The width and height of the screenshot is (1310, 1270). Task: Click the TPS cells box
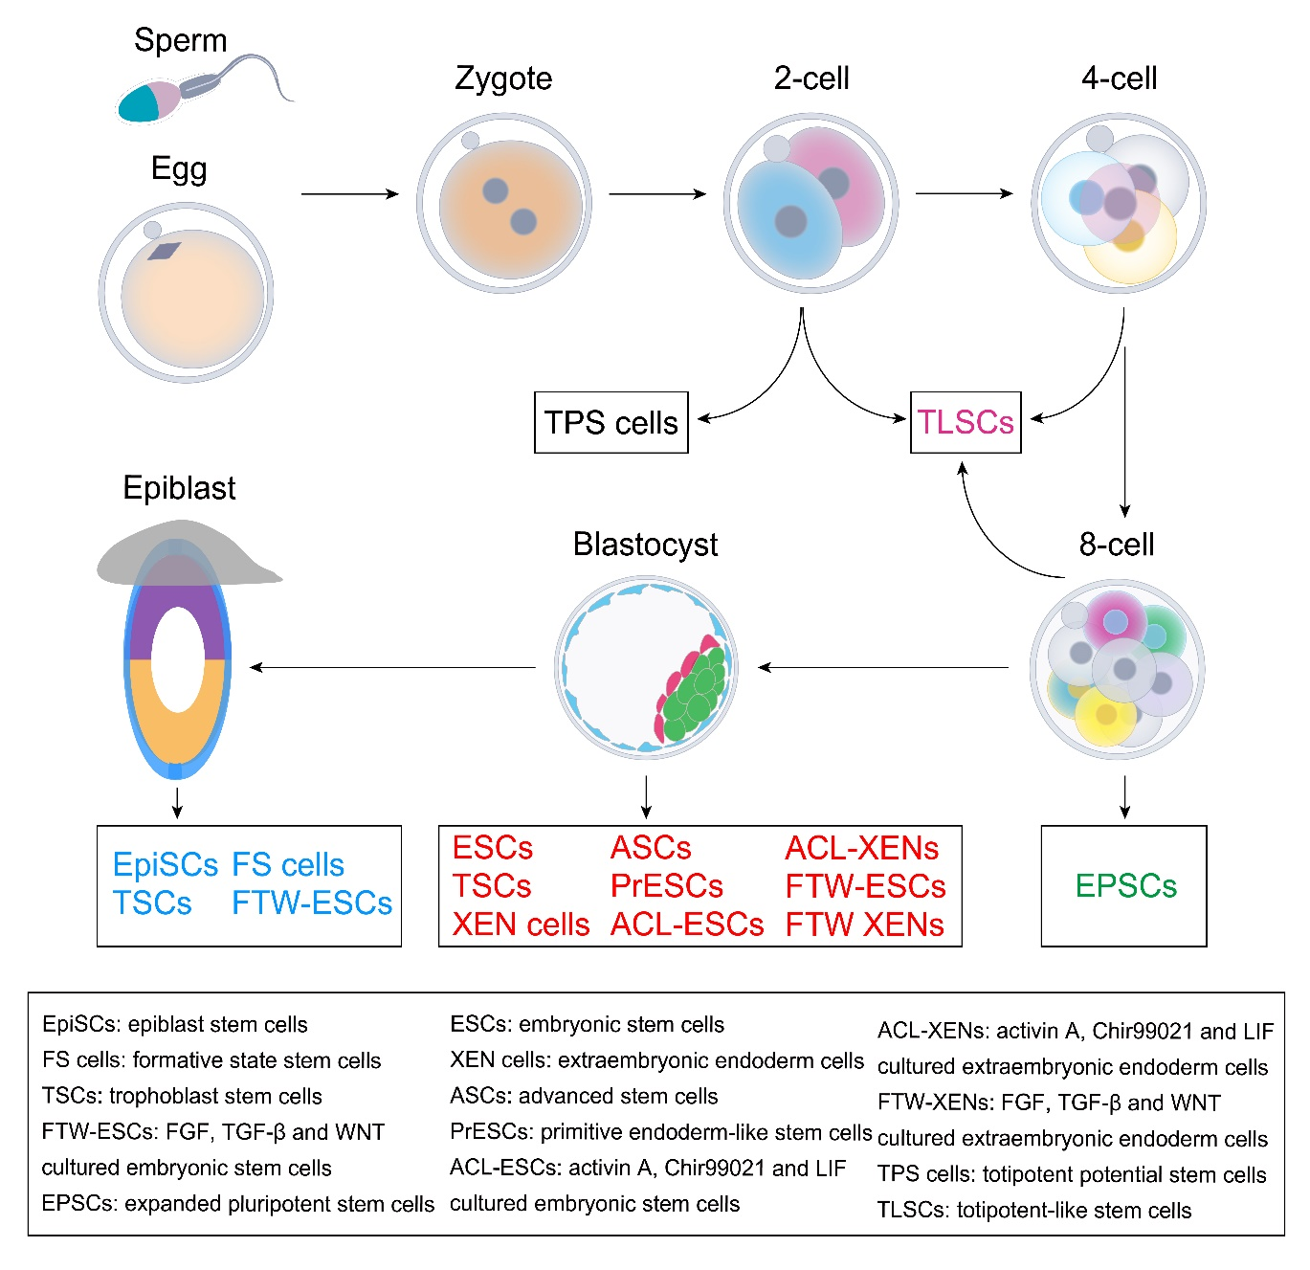(611, 422)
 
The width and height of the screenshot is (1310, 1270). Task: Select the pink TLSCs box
(966, 422)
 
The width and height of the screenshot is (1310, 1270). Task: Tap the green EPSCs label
(1125, 886)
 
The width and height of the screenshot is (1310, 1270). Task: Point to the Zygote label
(503, 78)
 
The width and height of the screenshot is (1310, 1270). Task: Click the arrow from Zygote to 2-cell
(656, 194)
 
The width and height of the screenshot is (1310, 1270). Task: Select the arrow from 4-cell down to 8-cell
(1124, 431)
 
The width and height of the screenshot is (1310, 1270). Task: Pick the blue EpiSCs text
(166, 865)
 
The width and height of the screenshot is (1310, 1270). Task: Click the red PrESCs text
(666, 886)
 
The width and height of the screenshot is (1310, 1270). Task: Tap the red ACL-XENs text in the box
(861, 848)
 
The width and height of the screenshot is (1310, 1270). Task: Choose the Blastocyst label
(645, 545)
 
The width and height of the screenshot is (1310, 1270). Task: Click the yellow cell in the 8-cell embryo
(1105, 714)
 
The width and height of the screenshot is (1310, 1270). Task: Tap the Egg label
(179, 169)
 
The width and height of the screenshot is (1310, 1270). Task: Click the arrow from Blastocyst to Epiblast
(392, 667)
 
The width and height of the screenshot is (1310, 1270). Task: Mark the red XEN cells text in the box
(521, 925)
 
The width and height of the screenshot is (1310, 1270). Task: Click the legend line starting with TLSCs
(1034, 1211)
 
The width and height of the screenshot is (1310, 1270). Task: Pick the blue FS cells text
(288, 865)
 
